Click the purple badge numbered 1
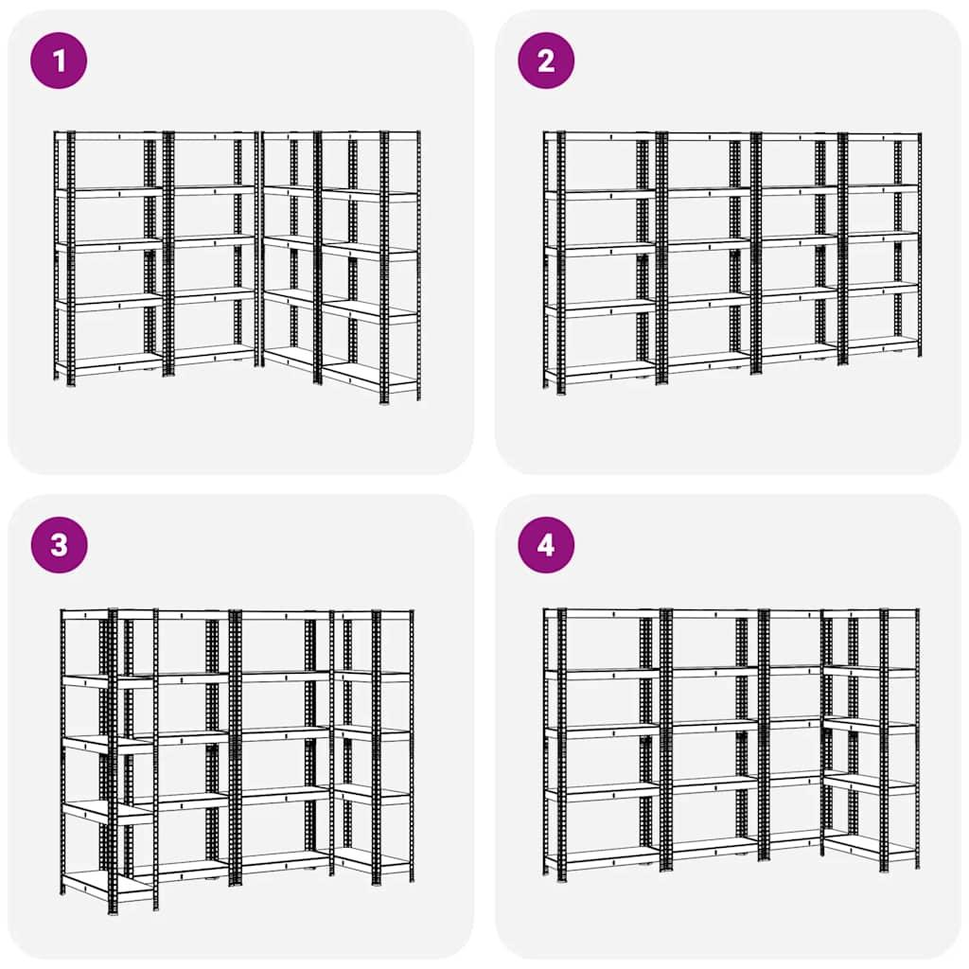59,61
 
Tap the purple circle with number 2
546,61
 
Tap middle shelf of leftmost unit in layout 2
603,248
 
